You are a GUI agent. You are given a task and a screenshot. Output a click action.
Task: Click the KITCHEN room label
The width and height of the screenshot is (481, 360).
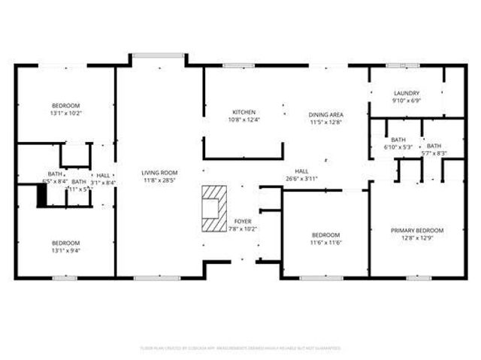tap(244, 112)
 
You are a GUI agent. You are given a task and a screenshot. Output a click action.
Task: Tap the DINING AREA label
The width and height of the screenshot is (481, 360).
tap(325, 114)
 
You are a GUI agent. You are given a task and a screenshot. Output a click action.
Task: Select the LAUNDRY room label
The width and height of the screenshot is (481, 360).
tap(406, 93)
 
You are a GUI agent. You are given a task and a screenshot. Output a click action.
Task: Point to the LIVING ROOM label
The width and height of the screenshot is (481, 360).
tap(159, 173)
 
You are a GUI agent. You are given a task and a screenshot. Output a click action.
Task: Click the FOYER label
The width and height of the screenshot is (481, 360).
tap(244, 221)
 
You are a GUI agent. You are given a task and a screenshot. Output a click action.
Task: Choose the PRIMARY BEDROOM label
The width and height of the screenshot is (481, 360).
tap(416, 230)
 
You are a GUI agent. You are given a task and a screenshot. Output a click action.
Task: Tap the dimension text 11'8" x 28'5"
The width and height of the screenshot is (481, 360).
tap(159, 180)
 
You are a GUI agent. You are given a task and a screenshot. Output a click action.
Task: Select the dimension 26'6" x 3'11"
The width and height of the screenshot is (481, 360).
tap(302, 179)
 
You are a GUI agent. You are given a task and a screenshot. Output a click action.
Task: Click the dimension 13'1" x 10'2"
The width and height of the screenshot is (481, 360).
tap(65, 113)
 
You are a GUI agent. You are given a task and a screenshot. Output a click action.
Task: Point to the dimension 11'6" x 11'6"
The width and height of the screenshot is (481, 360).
tap(325, 243)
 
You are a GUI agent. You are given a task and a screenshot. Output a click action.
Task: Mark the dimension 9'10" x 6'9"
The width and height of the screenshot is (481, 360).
tap(406, 101)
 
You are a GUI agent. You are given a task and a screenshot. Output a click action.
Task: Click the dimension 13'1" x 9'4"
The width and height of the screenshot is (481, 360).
tap(65, 250)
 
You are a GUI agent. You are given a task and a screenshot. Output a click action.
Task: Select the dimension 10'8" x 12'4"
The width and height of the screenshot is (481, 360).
tap(244, 119)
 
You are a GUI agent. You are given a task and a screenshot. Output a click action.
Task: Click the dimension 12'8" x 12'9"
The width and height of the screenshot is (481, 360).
tap(416, 237)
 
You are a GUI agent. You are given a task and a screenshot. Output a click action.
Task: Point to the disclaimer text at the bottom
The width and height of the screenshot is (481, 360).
tap(240, 348)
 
